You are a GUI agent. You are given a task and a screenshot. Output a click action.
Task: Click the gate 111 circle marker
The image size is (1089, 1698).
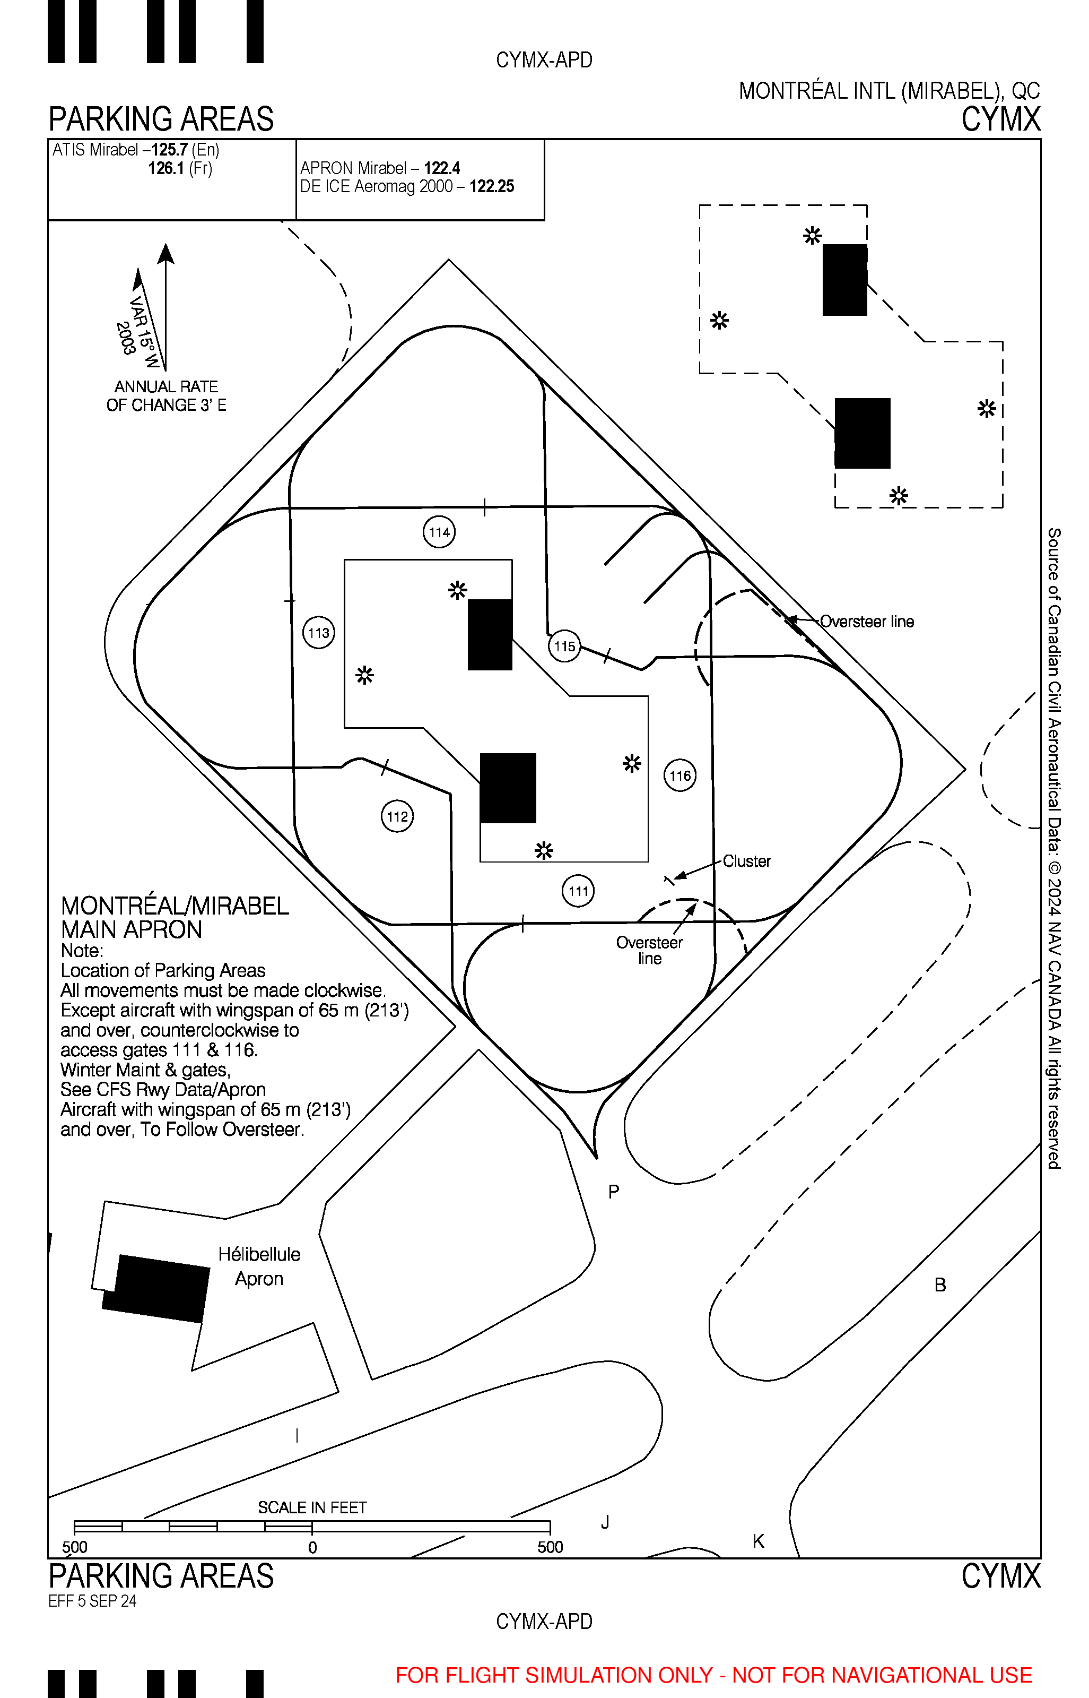[x=578, y=891]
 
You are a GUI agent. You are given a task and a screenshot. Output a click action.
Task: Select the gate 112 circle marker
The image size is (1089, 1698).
[x=397, y=816]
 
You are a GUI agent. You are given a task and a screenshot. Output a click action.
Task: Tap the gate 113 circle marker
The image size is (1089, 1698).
[x=318, y=633]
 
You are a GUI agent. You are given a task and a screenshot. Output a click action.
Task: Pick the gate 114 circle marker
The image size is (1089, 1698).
[x=439, y=532]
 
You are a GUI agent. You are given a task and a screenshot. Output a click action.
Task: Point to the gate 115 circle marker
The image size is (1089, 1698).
[x=564, y=646]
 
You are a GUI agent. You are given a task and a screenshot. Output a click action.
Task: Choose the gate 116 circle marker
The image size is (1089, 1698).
[x=679, y=775]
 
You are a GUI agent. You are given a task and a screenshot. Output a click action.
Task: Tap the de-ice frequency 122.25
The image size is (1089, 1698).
[x=492, y=187]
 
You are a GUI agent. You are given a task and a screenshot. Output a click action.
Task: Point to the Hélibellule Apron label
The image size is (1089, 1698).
[x=259, y=1266]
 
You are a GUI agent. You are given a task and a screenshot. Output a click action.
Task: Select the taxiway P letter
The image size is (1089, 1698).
[x=614, y=1192]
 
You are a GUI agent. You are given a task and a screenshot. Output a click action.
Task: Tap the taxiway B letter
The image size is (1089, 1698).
[x=940, y=1285]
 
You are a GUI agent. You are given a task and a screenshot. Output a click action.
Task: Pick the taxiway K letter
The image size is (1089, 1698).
[x=759, y=1541]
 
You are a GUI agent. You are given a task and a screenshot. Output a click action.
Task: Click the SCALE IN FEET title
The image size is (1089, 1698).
[x=312, y=1507]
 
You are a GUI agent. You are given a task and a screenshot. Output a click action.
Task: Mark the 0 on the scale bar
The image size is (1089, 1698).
[x=312, y=1548]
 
